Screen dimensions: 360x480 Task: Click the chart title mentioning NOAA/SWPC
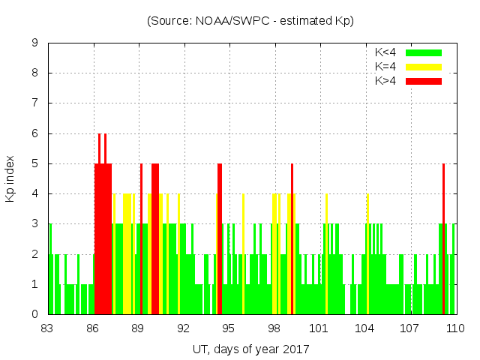click(250, 21)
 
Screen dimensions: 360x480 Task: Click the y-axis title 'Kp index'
click(10, 178)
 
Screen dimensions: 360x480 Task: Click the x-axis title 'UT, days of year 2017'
click(250, 349)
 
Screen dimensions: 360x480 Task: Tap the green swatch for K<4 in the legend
click(424, 52)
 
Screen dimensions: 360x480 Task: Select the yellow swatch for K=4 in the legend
click(424, 67)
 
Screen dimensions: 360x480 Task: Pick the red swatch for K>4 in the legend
click(424, 80)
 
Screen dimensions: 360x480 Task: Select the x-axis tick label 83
click(48, 328)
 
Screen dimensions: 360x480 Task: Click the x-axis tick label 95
click(229, 328)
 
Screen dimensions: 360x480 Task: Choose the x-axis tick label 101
click(319, 328)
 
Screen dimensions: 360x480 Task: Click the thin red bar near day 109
click(444, 240)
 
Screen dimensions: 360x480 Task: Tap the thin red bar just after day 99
click(292, 240)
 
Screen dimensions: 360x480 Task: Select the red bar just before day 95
click(220, 240)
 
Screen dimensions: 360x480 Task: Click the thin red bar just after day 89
click(141, 240)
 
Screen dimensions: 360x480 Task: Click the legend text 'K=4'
click(385, 67)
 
